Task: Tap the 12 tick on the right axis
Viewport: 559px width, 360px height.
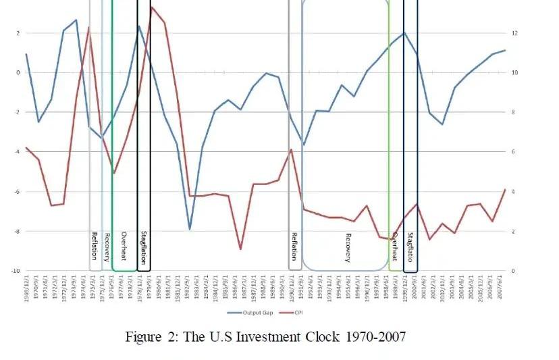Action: [514, 33]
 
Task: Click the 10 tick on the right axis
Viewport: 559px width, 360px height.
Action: [514, 72]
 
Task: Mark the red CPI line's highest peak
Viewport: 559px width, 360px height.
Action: [152, 7]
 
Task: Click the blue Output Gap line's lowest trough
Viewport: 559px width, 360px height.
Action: [190, 229]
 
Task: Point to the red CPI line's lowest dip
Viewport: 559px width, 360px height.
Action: [240, 249]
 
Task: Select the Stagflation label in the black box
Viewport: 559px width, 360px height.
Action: [144, 247]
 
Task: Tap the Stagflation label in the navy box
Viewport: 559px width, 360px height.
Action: [410, 247]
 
